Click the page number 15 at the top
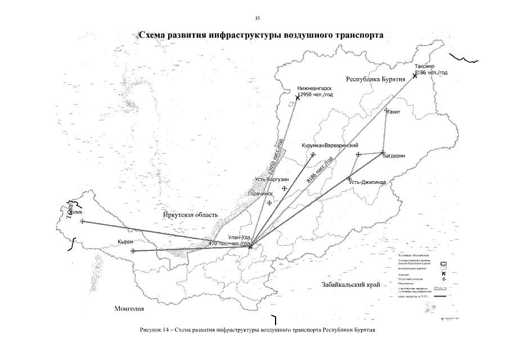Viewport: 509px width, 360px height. (x=257, y=19)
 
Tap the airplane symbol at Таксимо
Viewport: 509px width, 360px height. (x=415, y=75)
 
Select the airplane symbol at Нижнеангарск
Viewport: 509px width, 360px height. (x=298, y=98)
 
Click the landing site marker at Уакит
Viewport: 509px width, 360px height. (x=386, y=110)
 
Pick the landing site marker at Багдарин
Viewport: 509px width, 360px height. (x=382, y=152)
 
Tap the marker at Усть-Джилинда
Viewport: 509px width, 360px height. (x=349, y=178)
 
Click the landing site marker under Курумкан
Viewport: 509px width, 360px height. (x=313, y=155)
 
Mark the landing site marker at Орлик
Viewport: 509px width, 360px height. (x=83, y=221)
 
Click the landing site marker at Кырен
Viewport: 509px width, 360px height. (x=133, y=251)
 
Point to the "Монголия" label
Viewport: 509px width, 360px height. (x=129, y=309)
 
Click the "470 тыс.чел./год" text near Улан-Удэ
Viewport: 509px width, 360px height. (x=229, y=243)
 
